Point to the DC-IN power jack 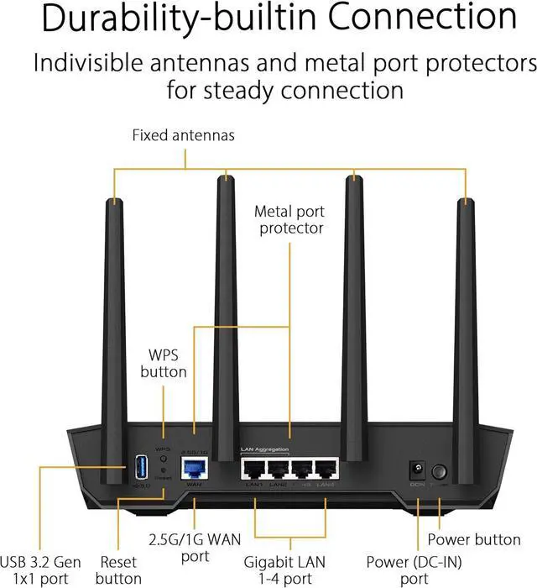(x=414, y=471)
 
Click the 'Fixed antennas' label (x=183, y=134)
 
